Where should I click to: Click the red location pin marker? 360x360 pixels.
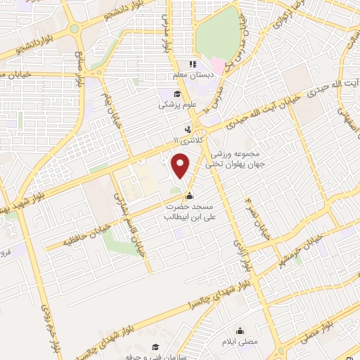point(181,165)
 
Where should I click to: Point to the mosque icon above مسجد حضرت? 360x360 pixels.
point(188,196)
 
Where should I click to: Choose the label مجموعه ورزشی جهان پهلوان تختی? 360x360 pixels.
point(232,160)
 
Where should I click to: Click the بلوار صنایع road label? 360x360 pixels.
point(79,68)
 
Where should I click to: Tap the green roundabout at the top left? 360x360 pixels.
point(75,30)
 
